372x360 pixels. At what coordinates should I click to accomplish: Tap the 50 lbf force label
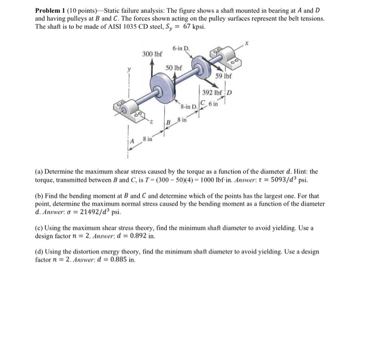tap(174, 68)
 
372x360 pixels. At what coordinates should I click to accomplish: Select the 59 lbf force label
tap(223, 76)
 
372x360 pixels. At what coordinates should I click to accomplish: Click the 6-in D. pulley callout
tap(180, 49)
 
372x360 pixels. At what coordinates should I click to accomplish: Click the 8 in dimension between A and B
tap(147, 138)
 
